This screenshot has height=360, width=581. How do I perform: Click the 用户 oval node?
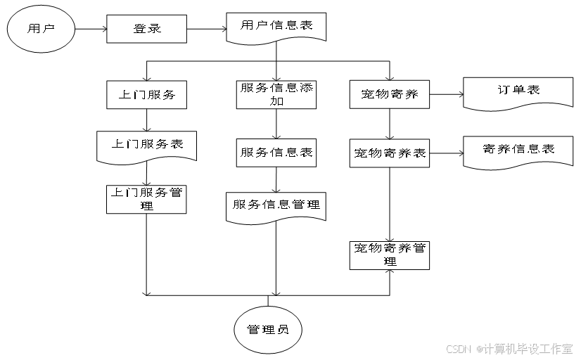coord(41,30)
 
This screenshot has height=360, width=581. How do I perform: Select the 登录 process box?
coord(146,30)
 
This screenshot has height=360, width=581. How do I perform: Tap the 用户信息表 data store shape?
coord(276,27)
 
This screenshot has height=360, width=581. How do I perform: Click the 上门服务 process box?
coord(146,94)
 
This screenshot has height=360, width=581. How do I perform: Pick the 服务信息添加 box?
coord(276,94)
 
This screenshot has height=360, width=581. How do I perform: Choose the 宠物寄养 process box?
coord(390,94)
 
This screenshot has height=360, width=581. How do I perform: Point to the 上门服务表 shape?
coord(146,146)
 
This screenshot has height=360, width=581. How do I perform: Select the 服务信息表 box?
coord(276,153)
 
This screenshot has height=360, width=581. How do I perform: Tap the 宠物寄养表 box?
coord(390,153)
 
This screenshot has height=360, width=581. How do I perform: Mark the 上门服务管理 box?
coord(146,199)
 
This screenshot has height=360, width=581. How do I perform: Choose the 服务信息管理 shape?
coord(276,206)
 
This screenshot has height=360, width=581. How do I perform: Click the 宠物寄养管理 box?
coord(390,255)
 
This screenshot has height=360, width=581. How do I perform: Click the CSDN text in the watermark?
coord(458,348)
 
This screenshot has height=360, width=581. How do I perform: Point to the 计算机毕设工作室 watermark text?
coord(527,348)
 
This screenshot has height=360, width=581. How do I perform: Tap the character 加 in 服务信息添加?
coord(276,102)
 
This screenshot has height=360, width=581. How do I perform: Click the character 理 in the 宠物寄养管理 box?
coord(390,262)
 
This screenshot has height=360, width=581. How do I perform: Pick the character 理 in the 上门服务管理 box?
coord(146,206)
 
